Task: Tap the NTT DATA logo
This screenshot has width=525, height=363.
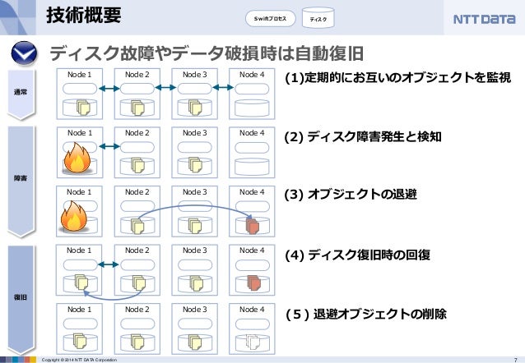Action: click(x=484, y=18)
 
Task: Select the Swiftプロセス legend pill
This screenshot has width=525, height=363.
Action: click(x=270, y=18)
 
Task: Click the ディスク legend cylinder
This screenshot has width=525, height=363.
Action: click(x=318, y=18)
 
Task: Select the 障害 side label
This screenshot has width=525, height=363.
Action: click(x=21, y=178)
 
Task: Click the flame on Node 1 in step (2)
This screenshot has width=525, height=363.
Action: click(x=78, y=159)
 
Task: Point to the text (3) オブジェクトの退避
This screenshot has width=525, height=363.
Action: click(x=350, y=195)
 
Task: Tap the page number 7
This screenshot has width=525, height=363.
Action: click(x=514, y=359)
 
